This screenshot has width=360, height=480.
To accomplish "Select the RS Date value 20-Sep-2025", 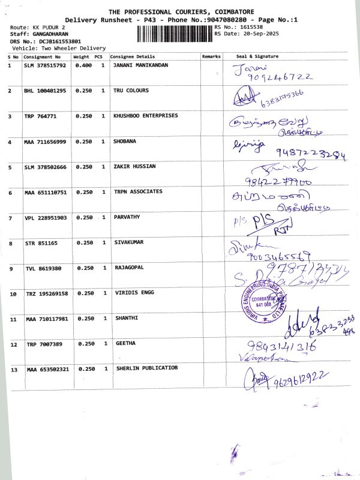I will pyautogui.click(x=249, y=34).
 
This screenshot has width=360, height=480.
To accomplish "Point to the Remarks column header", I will pyautogui.click(x=211, y=56).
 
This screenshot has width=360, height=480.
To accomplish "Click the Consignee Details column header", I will pyautogui.click(x=132, y=56).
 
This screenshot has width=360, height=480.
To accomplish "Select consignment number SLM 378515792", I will pyautogui.click(x=46, y=65).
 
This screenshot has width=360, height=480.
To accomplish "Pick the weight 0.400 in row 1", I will pyautogui.click(x=83, y=65).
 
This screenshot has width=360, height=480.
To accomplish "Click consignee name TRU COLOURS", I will pyautogui.click(x=131, y=91).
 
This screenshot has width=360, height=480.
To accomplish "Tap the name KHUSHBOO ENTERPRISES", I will pyautogui.click(x=145, y=116).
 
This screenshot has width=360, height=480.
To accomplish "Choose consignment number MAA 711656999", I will pyautogui.click(x=46, y=142).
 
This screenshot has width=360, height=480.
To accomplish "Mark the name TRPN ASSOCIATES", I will pyautogui.click(x=138, y=192).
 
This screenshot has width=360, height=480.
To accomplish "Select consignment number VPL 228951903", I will pyautogui.click(x=46, y=218).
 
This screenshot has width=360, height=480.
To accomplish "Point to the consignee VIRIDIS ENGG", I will pyautogui.click(x=133, y=293).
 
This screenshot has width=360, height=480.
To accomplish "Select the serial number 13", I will pyautogui.click(x=13, y=370).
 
